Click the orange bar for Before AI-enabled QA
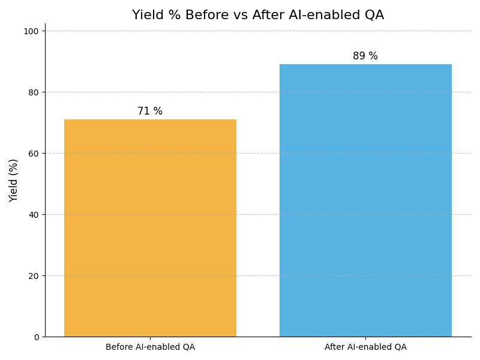click(150, 228)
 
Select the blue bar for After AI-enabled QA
click(365, 200)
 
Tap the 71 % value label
click(150, 112)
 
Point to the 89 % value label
click(365, 56)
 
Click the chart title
click(258, 15)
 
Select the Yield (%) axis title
click(14, 180)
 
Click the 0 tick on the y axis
click(36, 337)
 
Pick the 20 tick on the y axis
click(34, 276)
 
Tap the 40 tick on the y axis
click(34, 215)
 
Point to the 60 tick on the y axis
click(34, 154)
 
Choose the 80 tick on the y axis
click(34, 92)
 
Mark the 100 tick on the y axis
click(31, 31)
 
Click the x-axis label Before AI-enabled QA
click(150, 347)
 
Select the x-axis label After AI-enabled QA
click(365, 347)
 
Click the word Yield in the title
click(147, 15)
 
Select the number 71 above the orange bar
click(144, 112)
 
